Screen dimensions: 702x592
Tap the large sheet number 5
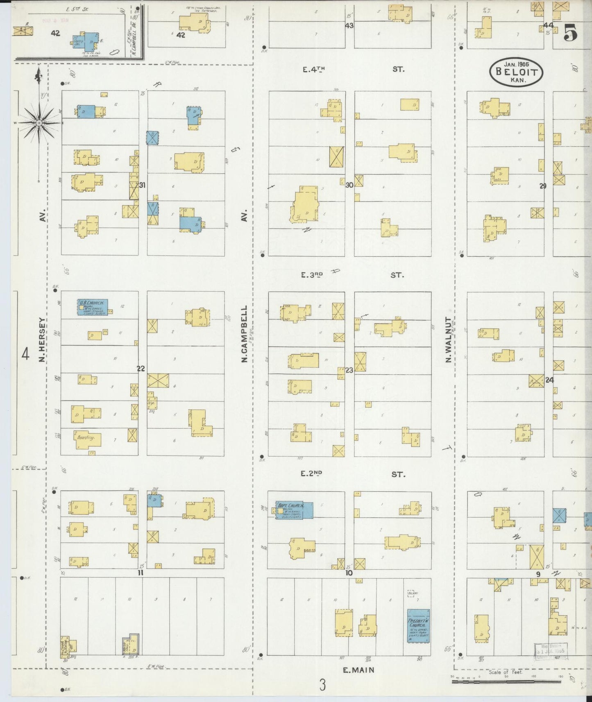pyautogui.click(x=571, y=33)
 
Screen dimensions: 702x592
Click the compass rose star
pyautogui.click(x=39, y=123)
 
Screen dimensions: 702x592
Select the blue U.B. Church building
pyautogui.click(x=93, y=307)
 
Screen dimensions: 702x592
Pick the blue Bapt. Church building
pyautogui.click(x=295, y=510)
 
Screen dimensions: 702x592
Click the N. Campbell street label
pyautogui.click(x=245, y=333)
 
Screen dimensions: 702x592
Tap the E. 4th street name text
pyautogui.click(x=314, y=70)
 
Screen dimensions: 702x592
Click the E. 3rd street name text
pyautogui.click(x=312, y=275)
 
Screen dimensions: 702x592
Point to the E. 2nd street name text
pyautogui.click(x=311, y=474)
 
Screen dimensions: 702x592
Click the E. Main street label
pyautogui.click(x=358, y=670)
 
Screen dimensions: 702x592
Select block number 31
pyautogui.click(x=142, y=185)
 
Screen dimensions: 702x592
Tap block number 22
pyautogui.click(x=141, y=369)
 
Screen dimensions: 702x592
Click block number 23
pyautogui.click(x=349, y=370)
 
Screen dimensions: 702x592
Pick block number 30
pyautogui.click(x=349, y=185)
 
